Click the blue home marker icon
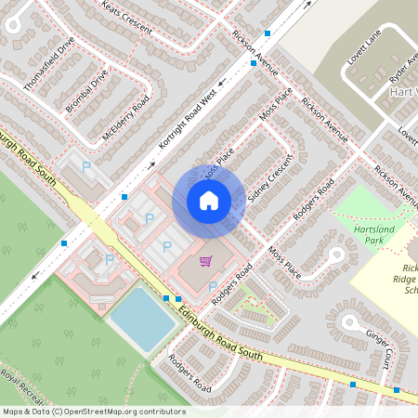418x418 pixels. (209, 200)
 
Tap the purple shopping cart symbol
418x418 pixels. (205, 262)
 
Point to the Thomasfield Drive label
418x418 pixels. (49, 64)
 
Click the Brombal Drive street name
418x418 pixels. (87, 90)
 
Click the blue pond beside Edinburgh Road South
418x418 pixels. (142, 319)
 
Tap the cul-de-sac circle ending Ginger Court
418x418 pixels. (351, 322)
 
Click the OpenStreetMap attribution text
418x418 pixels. (93, 411)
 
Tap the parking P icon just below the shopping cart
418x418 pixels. (213, 286)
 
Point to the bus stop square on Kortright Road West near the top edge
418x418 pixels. (268, 33)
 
